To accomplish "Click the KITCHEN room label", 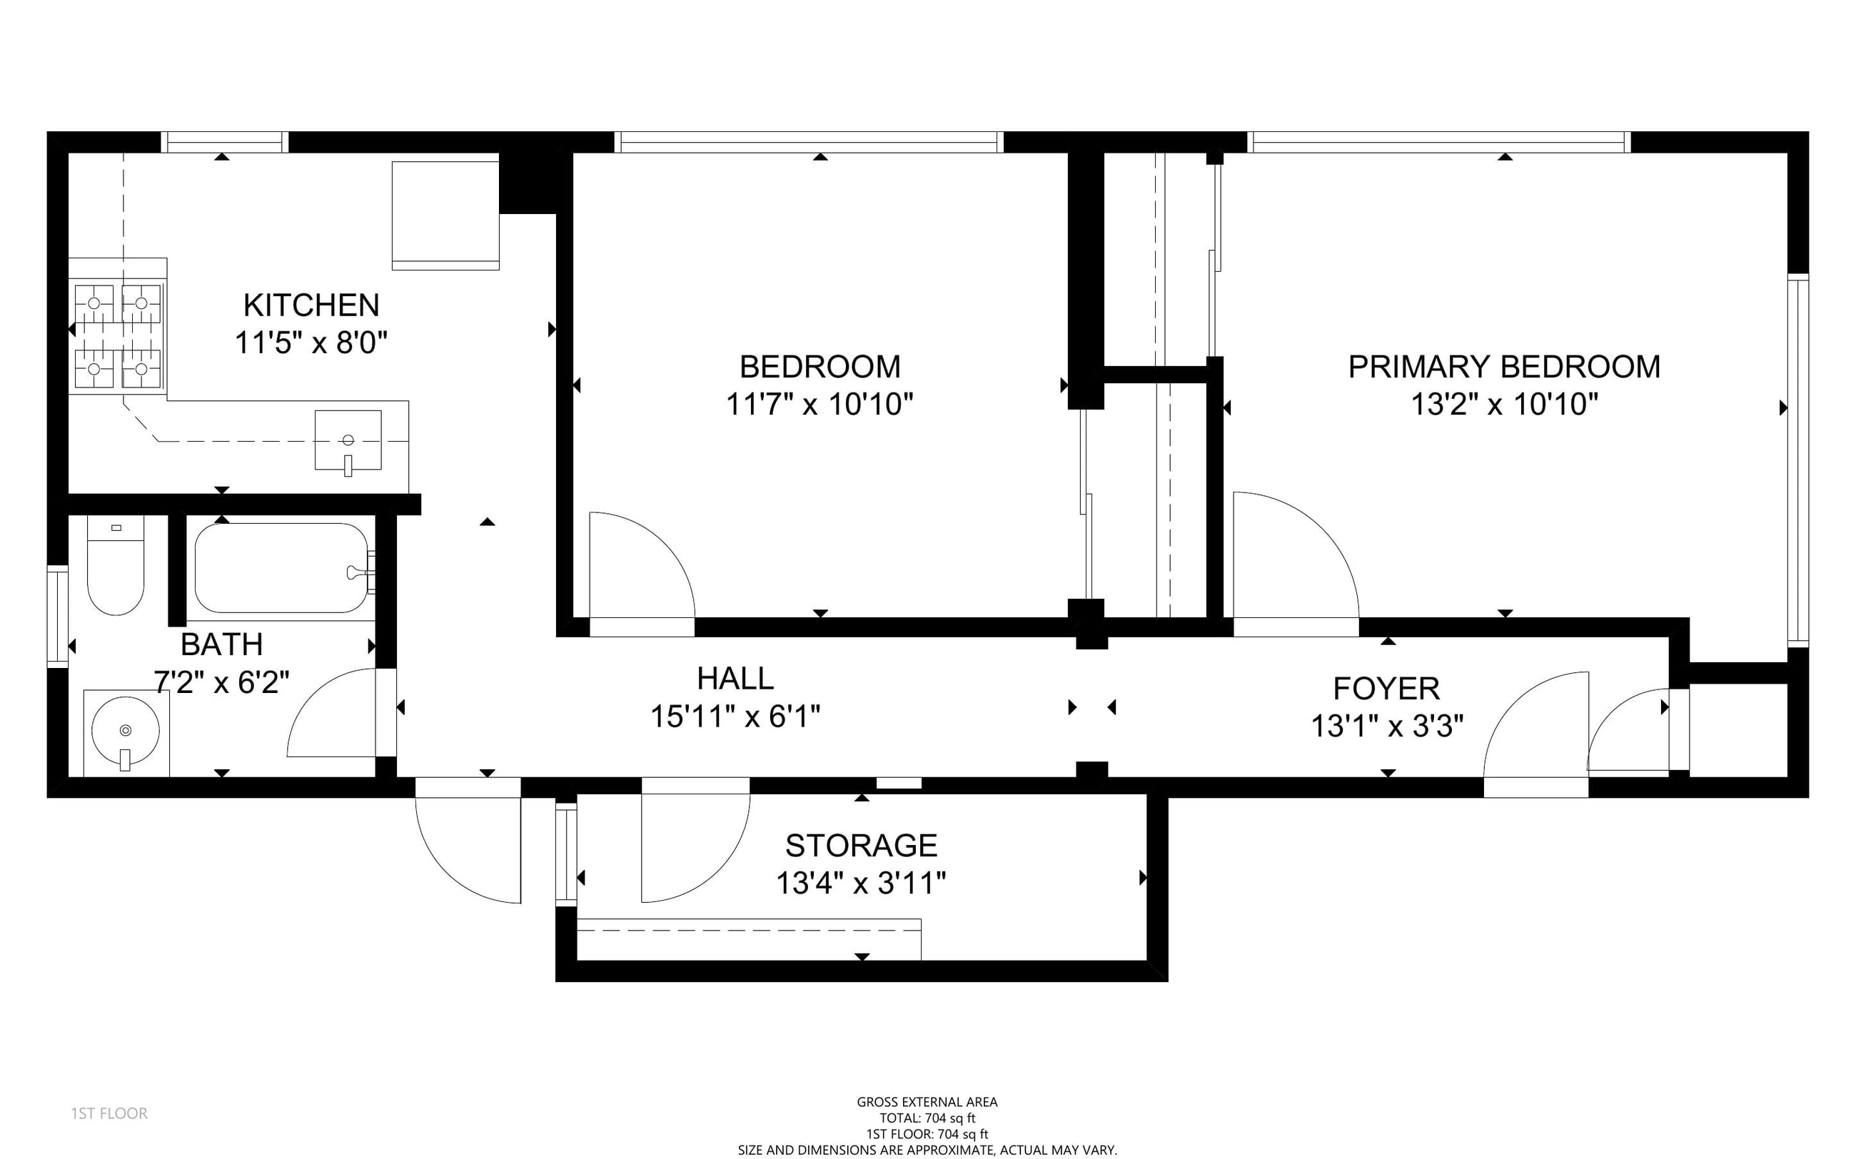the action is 311,305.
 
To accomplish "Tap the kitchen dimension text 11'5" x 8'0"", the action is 311,343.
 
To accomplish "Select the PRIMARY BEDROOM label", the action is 1504,366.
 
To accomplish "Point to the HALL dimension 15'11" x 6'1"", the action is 735,717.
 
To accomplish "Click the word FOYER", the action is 1386,689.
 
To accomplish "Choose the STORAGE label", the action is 861,846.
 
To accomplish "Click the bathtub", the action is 281,568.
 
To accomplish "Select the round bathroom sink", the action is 126,730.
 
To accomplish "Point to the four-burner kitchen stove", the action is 118,337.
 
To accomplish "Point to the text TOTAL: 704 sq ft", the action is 927,1118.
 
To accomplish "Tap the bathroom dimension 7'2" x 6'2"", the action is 221,682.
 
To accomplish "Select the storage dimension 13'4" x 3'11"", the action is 861,883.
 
